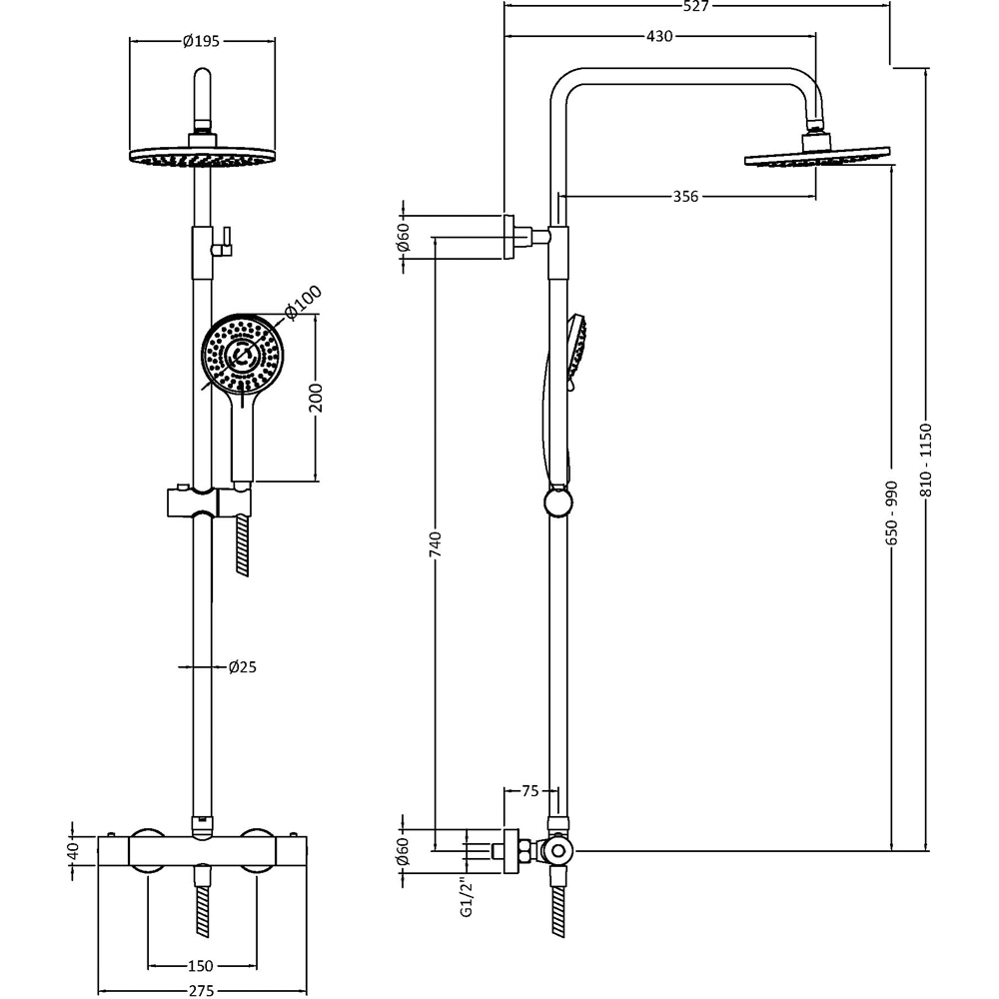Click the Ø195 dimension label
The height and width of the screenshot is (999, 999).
(x=201, y=41)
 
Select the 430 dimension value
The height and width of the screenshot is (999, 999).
(x=659, y=36)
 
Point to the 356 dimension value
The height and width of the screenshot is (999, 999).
(x=684, y=197)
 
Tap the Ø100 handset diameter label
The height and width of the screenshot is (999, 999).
(x=302, y=303)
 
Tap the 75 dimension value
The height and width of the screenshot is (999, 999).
(x=529, y=791)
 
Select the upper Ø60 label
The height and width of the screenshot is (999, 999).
(x=404, y=237)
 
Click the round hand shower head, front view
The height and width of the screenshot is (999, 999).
(x=243, y=356)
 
